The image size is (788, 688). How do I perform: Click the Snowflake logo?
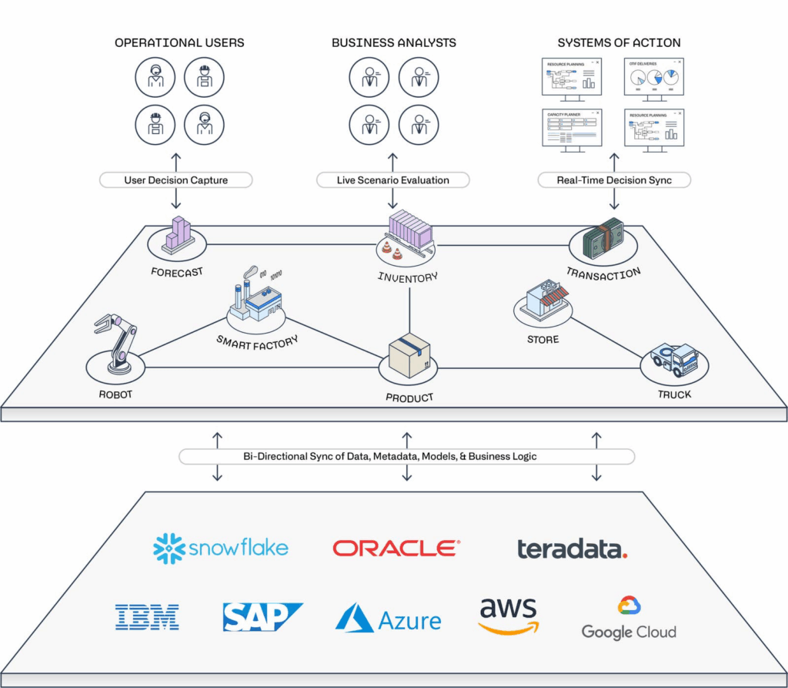tap(220, 549)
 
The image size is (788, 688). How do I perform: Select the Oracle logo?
tap(396, 548)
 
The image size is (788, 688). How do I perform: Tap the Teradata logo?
tap(572, 549)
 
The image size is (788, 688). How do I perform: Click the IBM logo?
tap(147, 617)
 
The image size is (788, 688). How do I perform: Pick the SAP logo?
tap(262, 617)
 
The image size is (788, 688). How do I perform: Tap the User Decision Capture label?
tap(176, 180)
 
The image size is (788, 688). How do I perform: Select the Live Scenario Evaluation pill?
tap(392, 180)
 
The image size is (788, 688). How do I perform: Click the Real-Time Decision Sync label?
tap(614, 180)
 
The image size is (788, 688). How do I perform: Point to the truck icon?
tap(674, 360)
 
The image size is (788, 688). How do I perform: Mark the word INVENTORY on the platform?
tap(408, 277)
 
